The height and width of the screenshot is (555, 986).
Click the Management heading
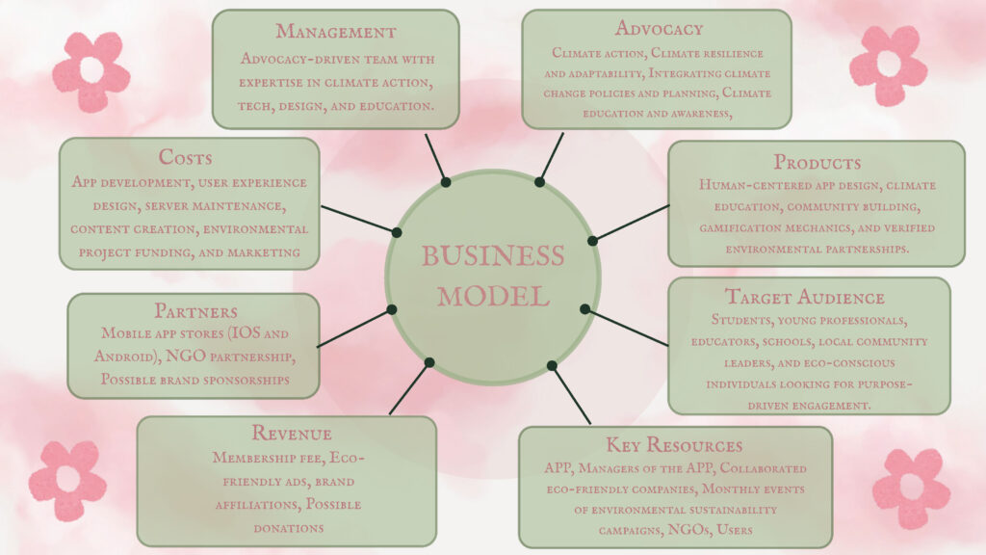pyautogui.click(x=336, y=32)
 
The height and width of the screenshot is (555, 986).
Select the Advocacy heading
pyautogui.click(x=659, y=28)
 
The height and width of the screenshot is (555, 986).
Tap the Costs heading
pyautogui.click(x=185, y=157)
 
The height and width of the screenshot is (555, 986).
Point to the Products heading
pyautogui.click(x=817, y=162)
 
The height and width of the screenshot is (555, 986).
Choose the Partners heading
pyautogui.click(x=195, y=311)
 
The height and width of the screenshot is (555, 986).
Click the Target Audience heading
pyautogui.click(x=805, y=297)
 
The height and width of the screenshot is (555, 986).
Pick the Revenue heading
pyautogui.click(x=291, y=433)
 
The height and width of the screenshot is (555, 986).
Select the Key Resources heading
pyautogui.click(x=674, y=445)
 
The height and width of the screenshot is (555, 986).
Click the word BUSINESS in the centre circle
pyautogui.click(x=493, y=255)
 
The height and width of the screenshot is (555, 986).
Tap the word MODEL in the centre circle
pyautogui.click(x=494, y=297)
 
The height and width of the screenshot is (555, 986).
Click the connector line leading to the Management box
pyautogui.click(x=435, y=158)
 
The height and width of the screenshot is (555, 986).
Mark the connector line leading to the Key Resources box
pyautogui.click(x=571, y=394)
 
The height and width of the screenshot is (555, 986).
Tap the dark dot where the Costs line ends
pyautogui.click(x=397, y=233)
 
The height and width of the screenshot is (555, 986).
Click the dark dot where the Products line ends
pyautogui.click(x=592, y=240)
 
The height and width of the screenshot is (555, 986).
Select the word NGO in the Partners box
pyautogui.click(x=186, y=357)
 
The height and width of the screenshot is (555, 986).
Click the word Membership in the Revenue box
pyautogui.click(x=267, y=458)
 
